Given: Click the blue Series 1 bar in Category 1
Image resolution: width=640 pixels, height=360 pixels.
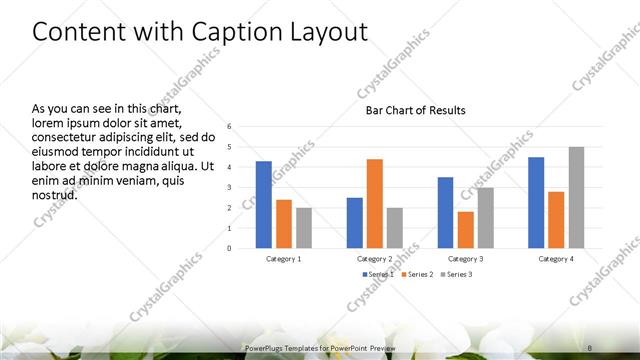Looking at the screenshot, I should pos(263,205).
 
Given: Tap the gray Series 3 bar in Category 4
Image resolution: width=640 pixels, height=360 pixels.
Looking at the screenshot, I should pos(576,198).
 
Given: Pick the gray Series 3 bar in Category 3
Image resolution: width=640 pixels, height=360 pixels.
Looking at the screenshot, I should pos(485,218).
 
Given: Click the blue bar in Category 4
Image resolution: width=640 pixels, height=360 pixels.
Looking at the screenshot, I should pos(536,203).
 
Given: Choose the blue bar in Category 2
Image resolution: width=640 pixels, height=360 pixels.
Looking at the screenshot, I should pos(354,223).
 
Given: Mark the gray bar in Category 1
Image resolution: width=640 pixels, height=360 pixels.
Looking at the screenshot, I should pos(303,228).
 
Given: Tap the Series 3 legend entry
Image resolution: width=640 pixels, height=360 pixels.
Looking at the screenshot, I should pos(455,273).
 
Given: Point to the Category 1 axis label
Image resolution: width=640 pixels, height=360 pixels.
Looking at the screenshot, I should pos(284,258).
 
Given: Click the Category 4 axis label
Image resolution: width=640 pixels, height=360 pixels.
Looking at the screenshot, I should pos(556,258).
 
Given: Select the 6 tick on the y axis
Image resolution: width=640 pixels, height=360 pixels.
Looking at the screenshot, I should pos(230,127).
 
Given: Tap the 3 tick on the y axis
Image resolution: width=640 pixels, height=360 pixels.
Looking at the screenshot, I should pos(230,188).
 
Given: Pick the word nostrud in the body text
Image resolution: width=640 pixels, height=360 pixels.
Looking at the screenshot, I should pos(55,194).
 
